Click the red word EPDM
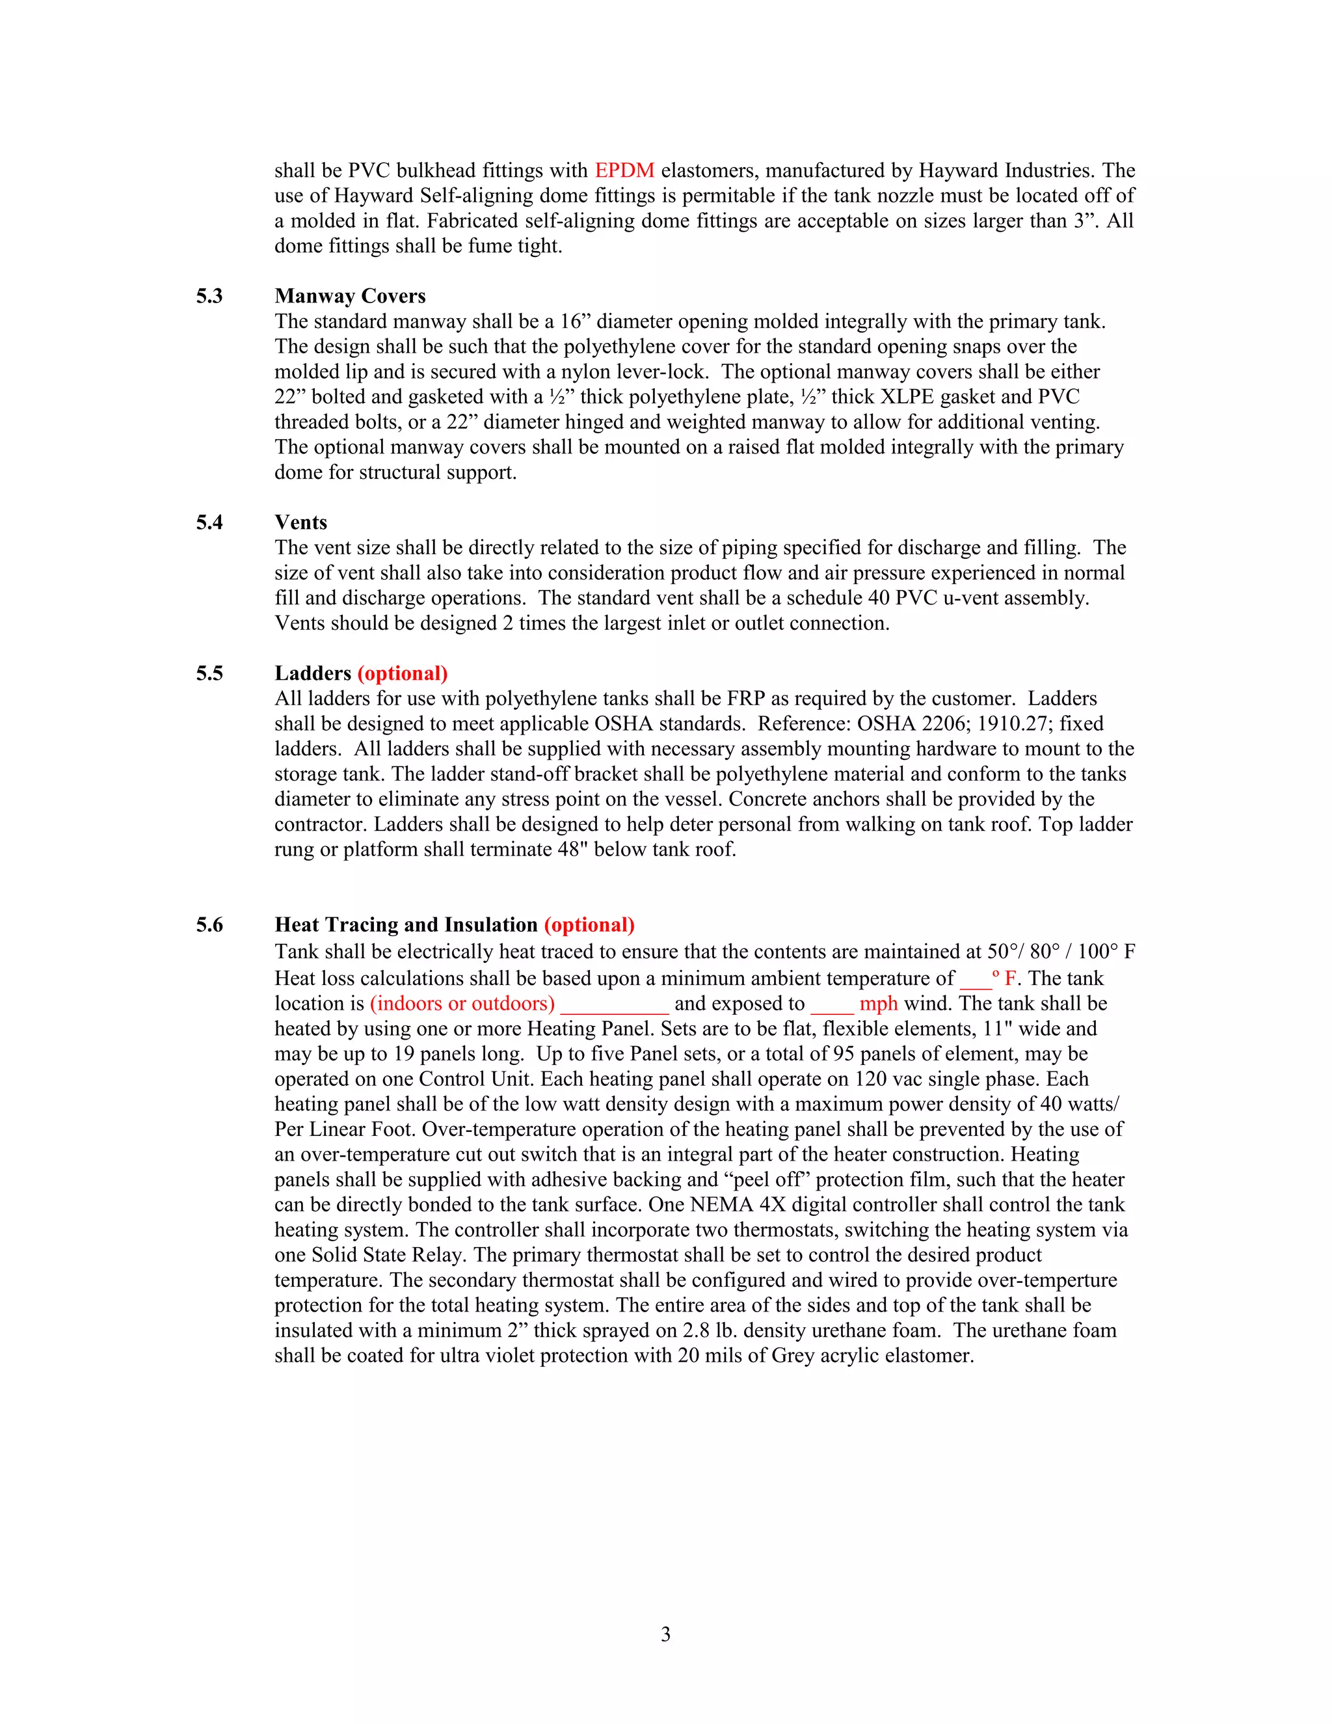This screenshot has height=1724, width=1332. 624,170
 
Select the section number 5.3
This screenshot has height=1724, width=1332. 209,296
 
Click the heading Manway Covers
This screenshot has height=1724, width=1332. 349,296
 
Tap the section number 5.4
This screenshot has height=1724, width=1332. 209,522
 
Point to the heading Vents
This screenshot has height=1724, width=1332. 300,522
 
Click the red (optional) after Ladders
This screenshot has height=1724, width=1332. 403,673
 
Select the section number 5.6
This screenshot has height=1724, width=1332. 209,925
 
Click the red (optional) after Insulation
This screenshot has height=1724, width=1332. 589,925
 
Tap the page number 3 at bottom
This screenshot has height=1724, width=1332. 665,1634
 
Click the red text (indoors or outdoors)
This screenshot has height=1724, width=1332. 462,1003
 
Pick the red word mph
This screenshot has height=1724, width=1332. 878,1003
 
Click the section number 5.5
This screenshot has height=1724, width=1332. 209,673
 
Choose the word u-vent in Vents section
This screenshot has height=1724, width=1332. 970,599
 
